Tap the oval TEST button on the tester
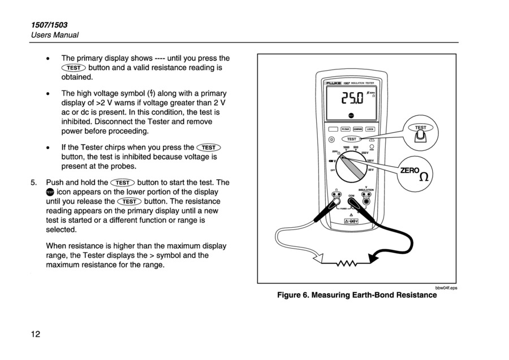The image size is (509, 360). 352,138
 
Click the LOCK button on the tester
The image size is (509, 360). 370,129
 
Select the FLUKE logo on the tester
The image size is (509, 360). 333,83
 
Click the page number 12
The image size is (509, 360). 36,334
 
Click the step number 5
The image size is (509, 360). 34,183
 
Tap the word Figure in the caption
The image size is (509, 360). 291,295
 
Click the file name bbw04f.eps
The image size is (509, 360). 446,288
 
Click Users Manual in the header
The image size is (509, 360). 55,35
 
